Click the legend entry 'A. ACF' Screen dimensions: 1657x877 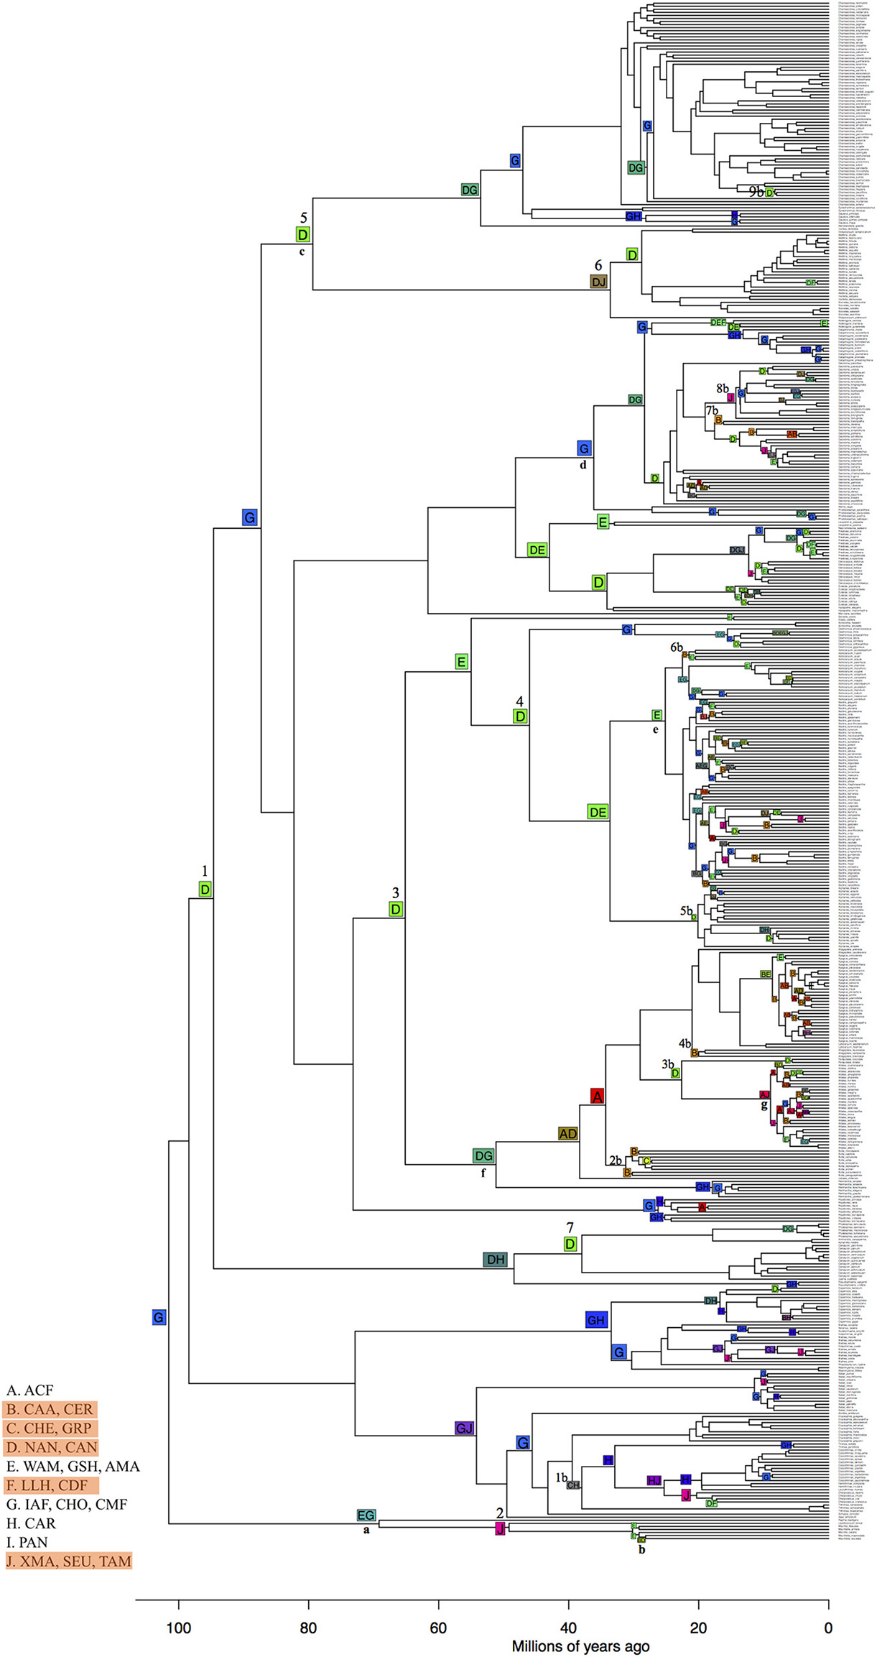[30, 1390]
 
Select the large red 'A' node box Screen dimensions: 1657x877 [597, 1096]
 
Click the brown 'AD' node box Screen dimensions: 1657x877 [568, 1134]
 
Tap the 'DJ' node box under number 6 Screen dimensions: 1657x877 [599, 282]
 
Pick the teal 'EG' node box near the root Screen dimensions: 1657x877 [366, 1515]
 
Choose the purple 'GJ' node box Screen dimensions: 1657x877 [465, 1428]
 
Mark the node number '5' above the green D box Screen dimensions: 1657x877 [304, 218]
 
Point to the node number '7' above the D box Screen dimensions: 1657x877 [570, 1228]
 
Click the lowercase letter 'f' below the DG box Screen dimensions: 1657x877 [483, 1173]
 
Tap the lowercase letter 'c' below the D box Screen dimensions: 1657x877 [302, 251]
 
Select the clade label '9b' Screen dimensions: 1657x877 [756, 192]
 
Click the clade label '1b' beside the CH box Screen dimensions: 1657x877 [561, 1478]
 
